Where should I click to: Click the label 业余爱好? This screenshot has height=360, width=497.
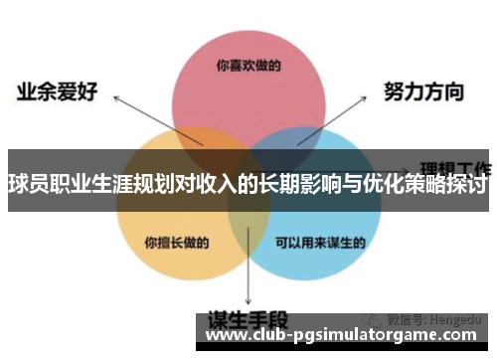pyautogui.click(x=57, y=92)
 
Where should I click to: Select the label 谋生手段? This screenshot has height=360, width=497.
pyautogui.click(x=248, y=320)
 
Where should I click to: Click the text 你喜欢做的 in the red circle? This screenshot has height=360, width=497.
pyautogui.click(x=248, y=66)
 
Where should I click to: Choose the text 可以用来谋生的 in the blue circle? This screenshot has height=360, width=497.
pyautogui.click(x=319, y=241)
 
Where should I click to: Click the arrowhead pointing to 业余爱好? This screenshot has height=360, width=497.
pyautogui.click(x=115, y=99)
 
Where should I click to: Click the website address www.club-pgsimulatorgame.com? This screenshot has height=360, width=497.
pyautogui.click(x=346, y=338)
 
